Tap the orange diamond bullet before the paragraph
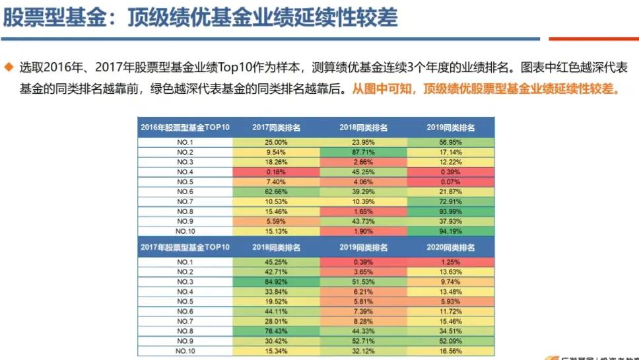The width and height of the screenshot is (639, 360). (9, 67)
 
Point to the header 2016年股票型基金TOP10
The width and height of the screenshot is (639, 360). (184, 127)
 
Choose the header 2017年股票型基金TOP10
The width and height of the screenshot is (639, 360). (184, 247)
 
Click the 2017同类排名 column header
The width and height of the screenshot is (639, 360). (276, 127)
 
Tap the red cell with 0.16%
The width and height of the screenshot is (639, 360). (276, 172)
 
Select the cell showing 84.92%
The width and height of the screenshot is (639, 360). (276, 281)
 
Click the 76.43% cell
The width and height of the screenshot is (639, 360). (276, 331)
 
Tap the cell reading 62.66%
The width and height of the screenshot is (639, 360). (276, 192)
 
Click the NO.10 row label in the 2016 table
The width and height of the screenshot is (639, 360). (184, 231)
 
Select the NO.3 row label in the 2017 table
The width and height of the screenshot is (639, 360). (184, 281)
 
